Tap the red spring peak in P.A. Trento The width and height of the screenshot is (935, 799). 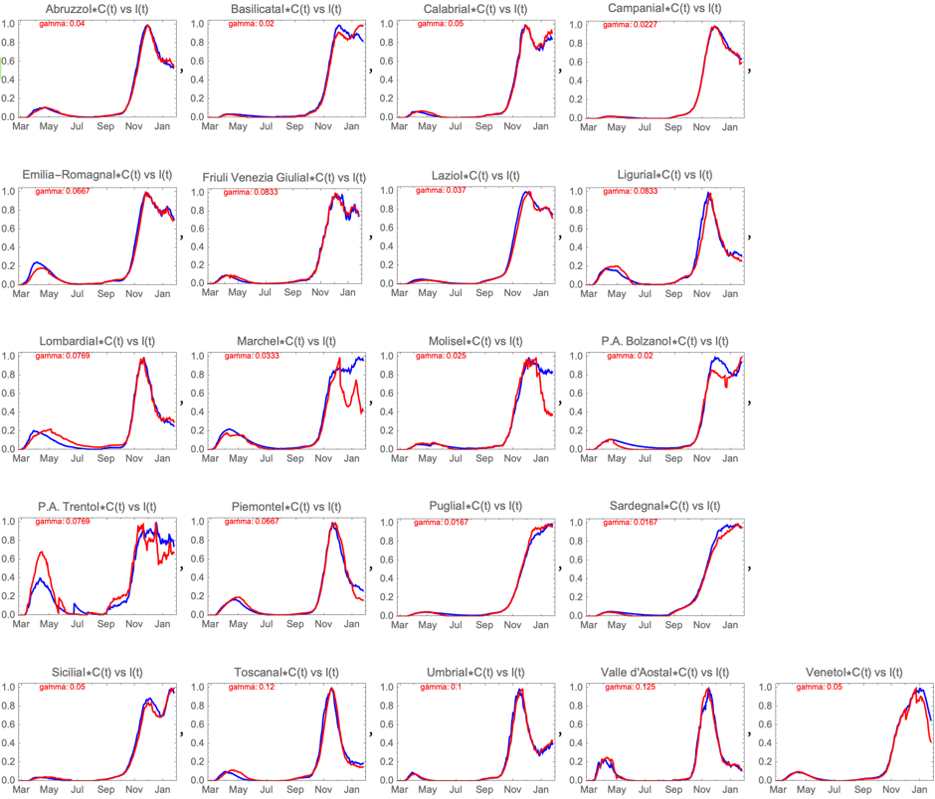[41, 552]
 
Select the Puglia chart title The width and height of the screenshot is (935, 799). [472, 508]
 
